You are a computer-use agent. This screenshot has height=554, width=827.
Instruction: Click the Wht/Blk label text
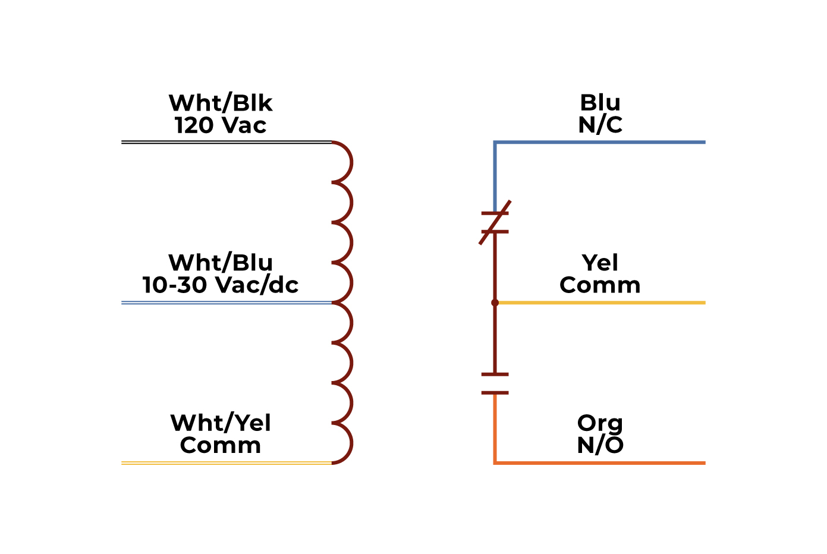coord(221,103)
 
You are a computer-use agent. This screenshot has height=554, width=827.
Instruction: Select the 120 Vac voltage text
coord(221,125)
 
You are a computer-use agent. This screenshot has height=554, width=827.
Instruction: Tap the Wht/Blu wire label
coord(221,263)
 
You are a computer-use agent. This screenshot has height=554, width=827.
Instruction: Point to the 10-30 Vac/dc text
coord(221,285)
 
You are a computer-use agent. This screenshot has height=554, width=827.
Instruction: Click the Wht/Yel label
coord(221,423)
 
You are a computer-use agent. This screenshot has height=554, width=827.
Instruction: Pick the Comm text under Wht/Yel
coord(221,445)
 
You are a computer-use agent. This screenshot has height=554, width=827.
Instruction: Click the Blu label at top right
coord(600,103)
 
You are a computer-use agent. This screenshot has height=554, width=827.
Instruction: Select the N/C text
coord(600,125)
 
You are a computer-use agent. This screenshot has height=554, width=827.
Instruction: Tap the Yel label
coord(600,263)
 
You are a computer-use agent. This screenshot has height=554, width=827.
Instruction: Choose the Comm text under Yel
coord(600,285)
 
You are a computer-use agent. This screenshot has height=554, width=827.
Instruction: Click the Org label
coord(600,424)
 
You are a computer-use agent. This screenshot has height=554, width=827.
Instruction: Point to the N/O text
coord(600,445)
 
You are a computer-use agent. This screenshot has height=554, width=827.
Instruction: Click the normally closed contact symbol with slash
coord(495,222)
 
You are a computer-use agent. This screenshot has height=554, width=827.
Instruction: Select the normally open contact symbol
coord(495,383)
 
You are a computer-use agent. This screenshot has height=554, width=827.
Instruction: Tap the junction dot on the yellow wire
coord(495,303)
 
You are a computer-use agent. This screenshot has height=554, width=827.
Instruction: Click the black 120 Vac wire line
coord(226,142)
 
